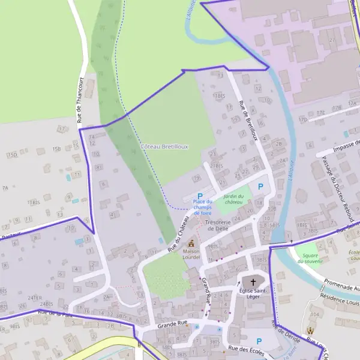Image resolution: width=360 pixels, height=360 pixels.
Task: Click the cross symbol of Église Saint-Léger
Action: coord(253,281)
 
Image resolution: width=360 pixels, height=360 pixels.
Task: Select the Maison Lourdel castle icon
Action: coord(192,244)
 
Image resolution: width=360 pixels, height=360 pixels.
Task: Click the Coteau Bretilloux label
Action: coord(164,146)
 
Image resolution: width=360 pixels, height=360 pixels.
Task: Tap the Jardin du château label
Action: coord(233,199)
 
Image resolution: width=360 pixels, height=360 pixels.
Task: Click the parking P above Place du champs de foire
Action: coord(200,196)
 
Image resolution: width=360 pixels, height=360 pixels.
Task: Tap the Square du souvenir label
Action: coord(311,258)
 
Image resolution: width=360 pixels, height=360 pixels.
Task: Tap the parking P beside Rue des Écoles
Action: coord(259,341)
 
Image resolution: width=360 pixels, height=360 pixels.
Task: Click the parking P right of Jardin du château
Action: coord(260,187)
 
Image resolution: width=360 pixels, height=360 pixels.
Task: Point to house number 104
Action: coord(314,315)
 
